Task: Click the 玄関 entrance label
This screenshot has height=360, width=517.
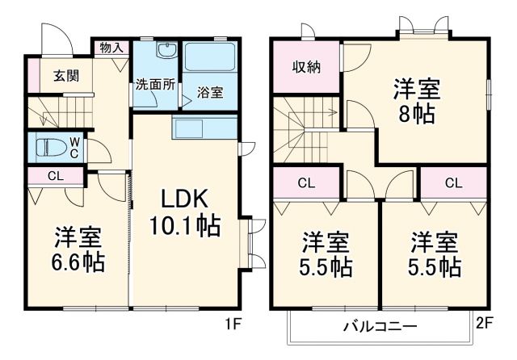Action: [66, 77]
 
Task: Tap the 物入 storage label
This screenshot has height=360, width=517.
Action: [111, 48]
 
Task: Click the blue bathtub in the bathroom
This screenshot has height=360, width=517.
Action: [209, 60]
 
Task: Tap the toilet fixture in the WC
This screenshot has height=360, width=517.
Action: [51, 147]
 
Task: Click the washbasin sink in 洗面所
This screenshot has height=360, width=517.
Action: [166, 52]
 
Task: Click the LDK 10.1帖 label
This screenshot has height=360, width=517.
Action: [185, 212]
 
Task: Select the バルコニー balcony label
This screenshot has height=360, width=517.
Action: [380, 328]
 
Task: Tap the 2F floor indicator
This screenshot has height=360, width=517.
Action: [485, 324]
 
